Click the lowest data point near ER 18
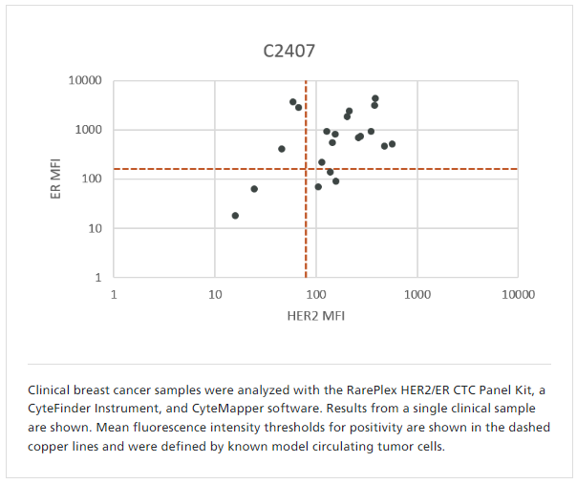tap(235, 216)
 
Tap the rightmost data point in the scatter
tap(392, 144)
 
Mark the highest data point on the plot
tap(375, 98)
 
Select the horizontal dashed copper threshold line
tap(430, 169)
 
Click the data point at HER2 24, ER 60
tap(254, 189)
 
